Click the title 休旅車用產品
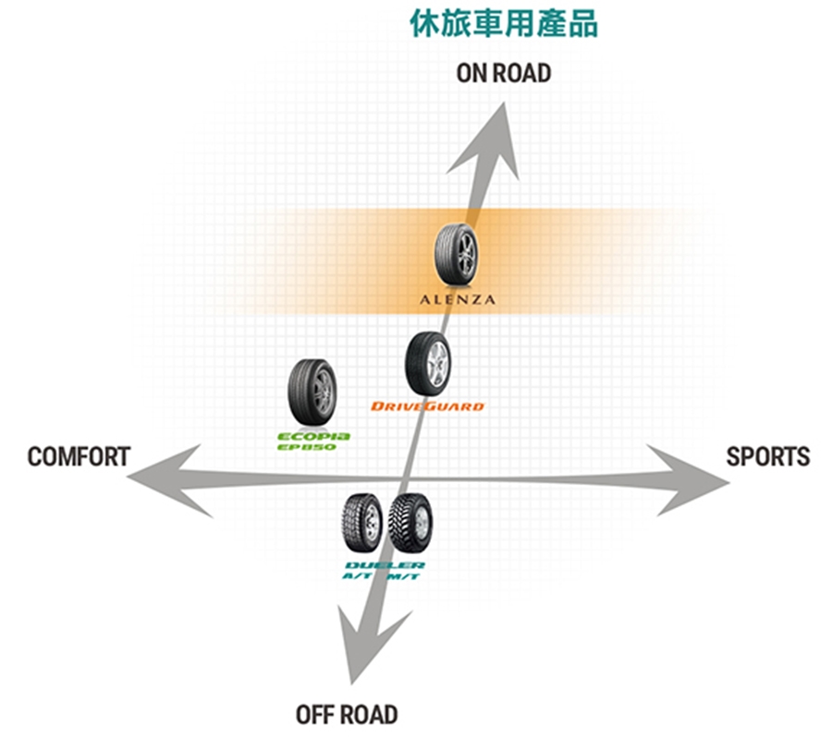[x=504, y=25]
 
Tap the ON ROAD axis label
[x=504, y=73]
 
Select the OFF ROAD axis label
[x=347, y=714]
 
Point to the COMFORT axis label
[x=79, y=456]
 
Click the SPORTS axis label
[x=767, y=456]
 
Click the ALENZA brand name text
[x=458, y=299]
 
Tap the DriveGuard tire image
[x=427, y=364]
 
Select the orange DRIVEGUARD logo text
[x=427, y=406]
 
